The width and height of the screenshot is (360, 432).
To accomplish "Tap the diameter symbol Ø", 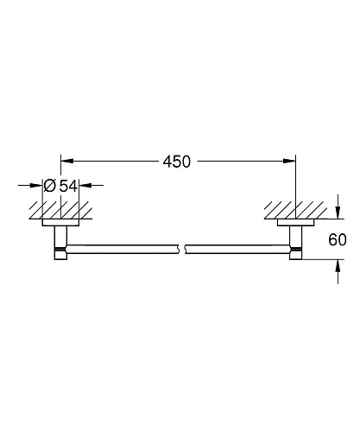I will click(x=49, y=185).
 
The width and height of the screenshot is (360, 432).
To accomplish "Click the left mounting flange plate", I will click(x=60, y=223).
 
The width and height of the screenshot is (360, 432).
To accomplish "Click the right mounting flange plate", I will click(x=295, y=223).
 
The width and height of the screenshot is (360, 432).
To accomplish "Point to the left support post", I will click(x=60, y=238).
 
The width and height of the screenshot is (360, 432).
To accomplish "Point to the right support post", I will click(x=296, y=238).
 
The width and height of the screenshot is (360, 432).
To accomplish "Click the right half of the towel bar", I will click(x=237, y=251).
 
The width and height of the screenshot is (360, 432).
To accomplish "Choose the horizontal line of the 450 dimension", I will click(x=112, y=160).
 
